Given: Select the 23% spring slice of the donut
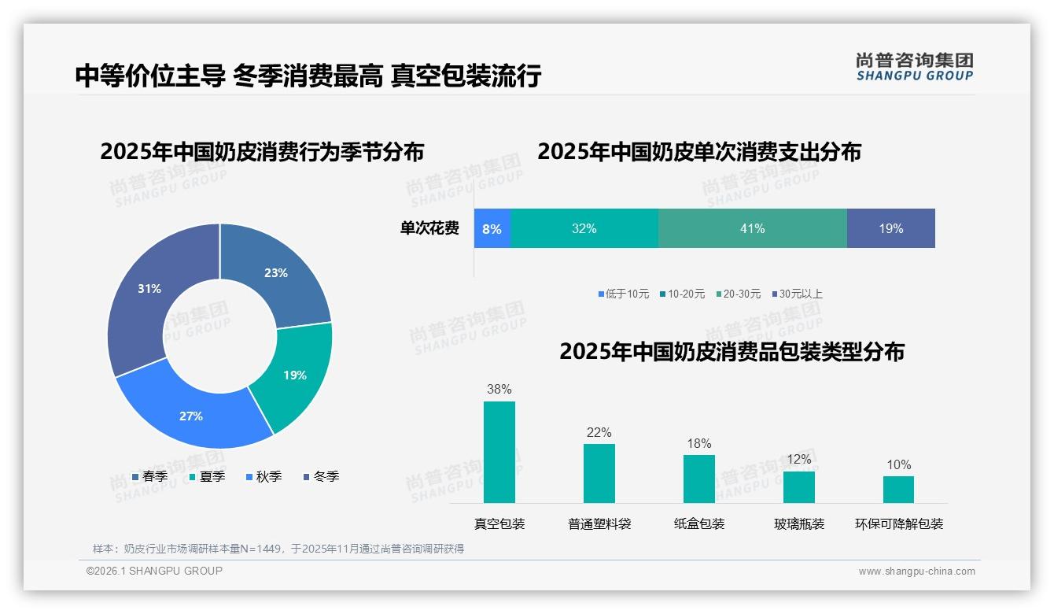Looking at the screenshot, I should click(275, 273).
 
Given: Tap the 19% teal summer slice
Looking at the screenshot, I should click(295, 375).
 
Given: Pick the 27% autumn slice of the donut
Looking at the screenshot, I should click(191, 416).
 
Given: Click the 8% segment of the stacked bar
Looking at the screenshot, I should click(492, 229).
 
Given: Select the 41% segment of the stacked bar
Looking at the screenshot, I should click(752, 229).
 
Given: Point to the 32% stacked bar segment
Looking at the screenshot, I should click(584, 229).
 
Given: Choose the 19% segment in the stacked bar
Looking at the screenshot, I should click(890, 229).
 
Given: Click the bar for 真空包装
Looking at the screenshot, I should click(499, 452).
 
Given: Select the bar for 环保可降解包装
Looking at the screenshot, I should click(898, 490).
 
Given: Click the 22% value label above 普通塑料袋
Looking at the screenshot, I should click(599, 432).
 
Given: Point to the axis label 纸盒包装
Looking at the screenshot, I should click(699, 523).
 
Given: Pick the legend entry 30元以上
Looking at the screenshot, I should click(800, 294).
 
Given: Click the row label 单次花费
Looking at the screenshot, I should click(429, 229).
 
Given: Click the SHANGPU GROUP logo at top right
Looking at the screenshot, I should click(914, 67).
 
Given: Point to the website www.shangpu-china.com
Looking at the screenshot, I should click(916, 571).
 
